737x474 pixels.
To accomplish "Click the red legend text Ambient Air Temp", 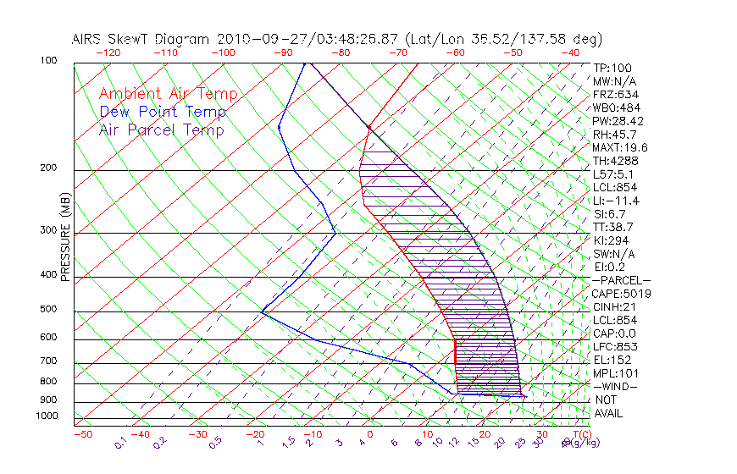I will [168, 94].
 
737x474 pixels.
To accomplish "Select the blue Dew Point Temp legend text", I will [163, 112].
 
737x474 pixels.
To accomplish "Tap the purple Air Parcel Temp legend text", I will [161, 130].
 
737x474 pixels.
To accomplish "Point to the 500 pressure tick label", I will [48, 310].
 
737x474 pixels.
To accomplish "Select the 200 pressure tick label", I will [48, 168].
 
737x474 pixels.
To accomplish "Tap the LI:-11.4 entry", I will [616, 201].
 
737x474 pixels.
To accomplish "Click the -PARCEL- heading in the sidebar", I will [621, 280].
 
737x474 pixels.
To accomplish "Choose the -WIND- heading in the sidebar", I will [616, 386].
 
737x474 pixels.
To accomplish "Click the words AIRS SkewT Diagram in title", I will [142, 39].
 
